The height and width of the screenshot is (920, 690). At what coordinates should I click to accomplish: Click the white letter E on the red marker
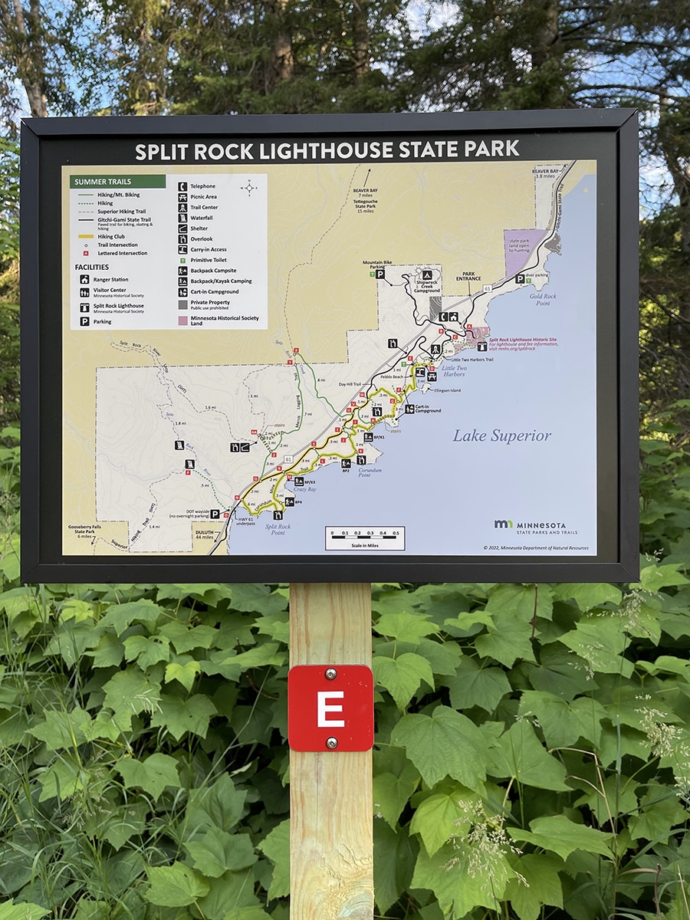[330, 708]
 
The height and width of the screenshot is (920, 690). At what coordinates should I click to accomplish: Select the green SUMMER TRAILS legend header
[117, 182]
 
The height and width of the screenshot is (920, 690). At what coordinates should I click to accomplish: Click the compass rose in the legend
[248, 187]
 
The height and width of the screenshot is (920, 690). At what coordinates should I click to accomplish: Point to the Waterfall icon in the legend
[182, 218]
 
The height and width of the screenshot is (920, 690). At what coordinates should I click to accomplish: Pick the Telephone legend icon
[182, 186]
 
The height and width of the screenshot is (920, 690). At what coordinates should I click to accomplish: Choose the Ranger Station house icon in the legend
[84, 280]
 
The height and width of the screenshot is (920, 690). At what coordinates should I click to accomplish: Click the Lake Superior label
[501, 435]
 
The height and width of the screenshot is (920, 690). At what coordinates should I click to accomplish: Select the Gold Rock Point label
[543, 299]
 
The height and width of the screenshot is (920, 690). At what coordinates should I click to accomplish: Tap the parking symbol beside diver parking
[520, 279]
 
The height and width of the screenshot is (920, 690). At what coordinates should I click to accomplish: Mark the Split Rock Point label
[278, 530]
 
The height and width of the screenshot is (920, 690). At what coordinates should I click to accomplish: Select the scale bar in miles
[364, 538]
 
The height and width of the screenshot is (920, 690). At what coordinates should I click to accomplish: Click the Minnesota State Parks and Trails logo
[535, 527]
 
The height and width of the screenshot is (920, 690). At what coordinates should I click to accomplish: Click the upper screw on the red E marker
[330, 675]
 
